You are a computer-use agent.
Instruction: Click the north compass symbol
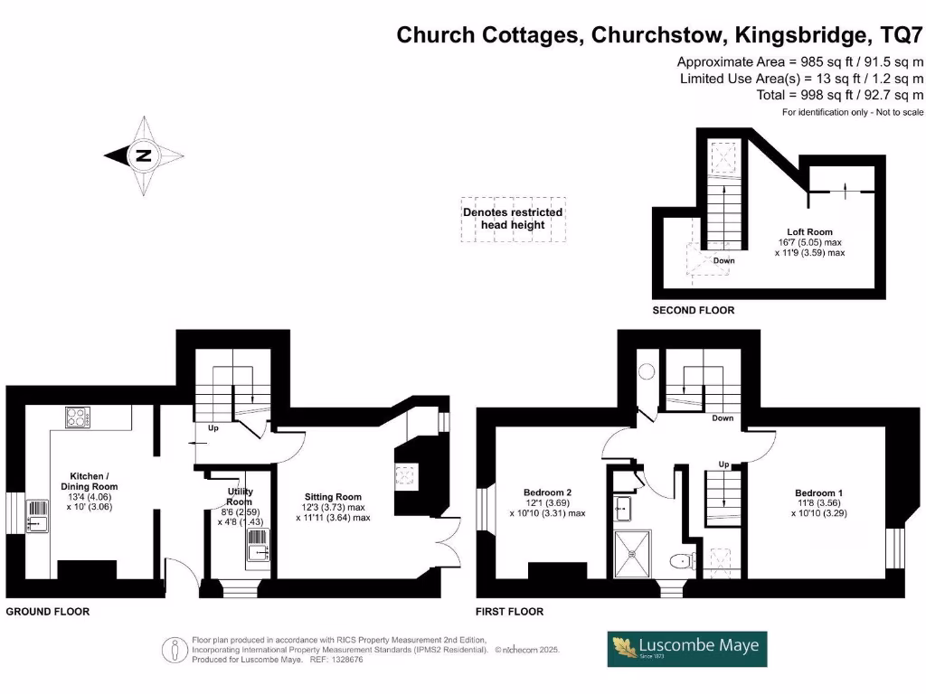[x=143, y=155]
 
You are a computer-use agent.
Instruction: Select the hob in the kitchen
[x=76, y=418]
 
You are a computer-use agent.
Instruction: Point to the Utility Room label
[x=240, y=496]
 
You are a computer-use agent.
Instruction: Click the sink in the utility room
[x=257, y=548]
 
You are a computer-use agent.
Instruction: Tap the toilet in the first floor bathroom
[x=682, y=561]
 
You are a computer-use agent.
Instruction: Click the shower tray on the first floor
[x=638, y=555]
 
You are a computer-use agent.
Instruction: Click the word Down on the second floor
[x=723, y=260]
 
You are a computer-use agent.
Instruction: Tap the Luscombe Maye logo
[x=687, y=649]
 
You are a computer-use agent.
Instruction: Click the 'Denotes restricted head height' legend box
[x=513, y=219]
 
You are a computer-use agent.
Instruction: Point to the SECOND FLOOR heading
[x=693, y=310]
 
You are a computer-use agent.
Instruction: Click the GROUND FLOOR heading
[x=48, y=612]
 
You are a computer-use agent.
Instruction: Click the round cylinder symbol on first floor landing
[x=647, y=370]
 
